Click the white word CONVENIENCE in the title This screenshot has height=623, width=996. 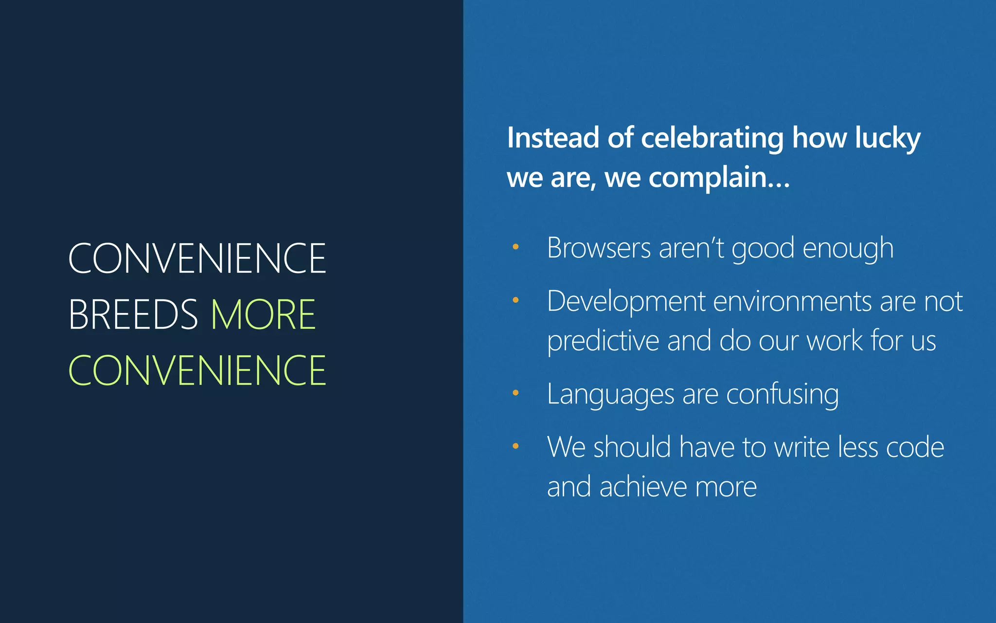pyautogui.click(x=197, y=258)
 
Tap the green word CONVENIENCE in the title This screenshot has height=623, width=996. pyautogui.click(x=197, y=370)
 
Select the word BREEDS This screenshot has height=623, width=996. pyautogui.click(x=133, y=314)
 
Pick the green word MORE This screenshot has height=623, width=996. pyautogui.click(x=263, y=314)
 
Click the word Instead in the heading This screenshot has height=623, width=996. pyautogui.click(x=552, y=138)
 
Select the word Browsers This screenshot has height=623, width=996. pyautogui.click(x=598, y=248)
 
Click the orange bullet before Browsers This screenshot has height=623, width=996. pyautogui.click(x=516, y=247)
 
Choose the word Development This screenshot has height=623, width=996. pyautogui.click(x=626, y=302)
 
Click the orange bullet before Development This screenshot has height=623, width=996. pyautogui.click(x=516, y=300)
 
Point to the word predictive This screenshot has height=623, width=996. pyautogui.click(x=603, y=341)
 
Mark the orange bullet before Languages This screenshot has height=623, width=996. pyautogui.click(x=516, y=392)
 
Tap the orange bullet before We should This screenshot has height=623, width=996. pyautogui.click(x=516, y=446)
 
